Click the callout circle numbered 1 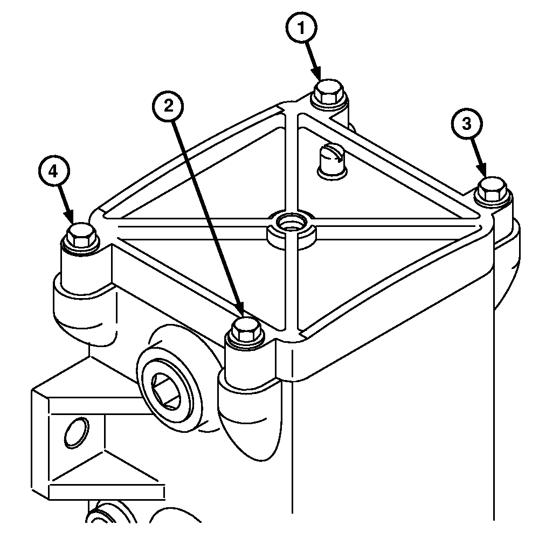pos(301,28)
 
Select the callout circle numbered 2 pos(168,106)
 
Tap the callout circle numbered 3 pos(466,124)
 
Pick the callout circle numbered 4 pos(53,171)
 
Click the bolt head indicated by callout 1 pos(329,91)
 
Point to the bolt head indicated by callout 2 pos(246,329)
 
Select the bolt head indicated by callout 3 pos(492,189)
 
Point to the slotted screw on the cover pos(332,161)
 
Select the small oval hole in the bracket pos(77,433)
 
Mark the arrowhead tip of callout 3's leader pos(486,177)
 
